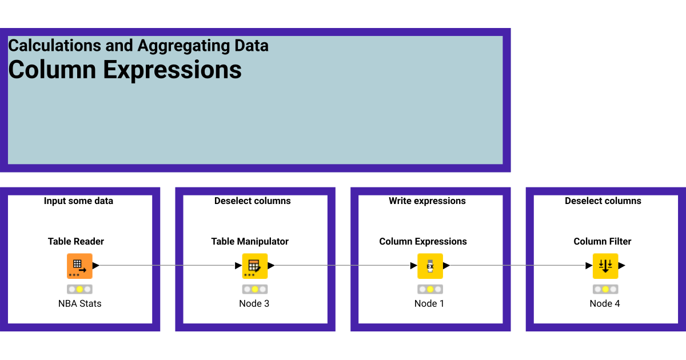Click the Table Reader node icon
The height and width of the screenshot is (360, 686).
click(79, 266)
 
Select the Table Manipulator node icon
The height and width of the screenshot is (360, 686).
click(254, 266)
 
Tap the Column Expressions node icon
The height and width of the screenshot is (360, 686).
click(430, 266)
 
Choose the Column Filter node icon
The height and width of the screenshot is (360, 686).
click(605, 266)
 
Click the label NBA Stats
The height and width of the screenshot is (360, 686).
click(79, 303)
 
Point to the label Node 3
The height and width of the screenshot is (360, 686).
click(254, 303)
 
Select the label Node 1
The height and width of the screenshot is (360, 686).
click(429, 303)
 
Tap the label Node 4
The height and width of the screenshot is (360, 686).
click(605, 303)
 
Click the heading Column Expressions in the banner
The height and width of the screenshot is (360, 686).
click(125, 70)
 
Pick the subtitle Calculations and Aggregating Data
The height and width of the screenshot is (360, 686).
click(138, 46)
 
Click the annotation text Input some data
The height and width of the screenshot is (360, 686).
click(78, 201)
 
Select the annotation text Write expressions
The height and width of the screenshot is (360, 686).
click(427, 201)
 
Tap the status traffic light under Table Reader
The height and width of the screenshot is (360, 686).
click(79, 289)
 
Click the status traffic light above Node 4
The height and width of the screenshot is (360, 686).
click(605, 289)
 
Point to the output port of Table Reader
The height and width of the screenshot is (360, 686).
click(96, 266)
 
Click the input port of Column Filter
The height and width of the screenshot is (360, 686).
click(589, 266)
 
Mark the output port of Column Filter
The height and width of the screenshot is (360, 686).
click(621, 266)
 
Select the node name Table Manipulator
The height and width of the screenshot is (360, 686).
click(250, 242)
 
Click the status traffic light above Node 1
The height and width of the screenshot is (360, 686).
click(430, 289)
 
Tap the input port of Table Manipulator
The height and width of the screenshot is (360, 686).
click(238, 266)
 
